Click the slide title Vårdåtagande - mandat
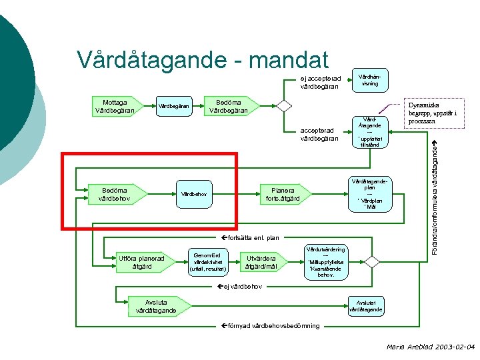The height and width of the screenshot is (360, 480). (203, 59)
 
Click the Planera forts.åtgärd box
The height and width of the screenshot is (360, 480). (283, 193)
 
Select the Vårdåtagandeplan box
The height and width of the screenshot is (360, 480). (369, 193)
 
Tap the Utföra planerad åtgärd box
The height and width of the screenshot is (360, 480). (141, 263)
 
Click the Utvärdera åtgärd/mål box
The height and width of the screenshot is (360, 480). (261, 263)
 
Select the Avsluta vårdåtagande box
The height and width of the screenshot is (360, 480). (156, 305)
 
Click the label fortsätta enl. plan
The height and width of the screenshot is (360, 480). (251, 237)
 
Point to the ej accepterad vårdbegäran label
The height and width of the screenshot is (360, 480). (320, 81)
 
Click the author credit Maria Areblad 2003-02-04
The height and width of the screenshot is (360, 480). (431, 347)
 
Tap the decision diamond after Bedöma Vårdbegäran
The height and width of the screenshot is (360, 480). (284, 105)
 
